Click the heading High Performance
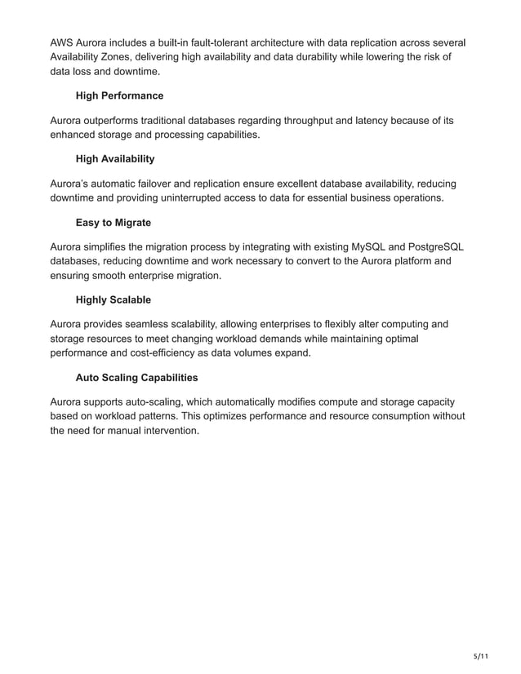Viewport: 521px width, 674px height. pos(119,96)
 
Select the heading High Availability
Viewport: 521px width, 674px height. pos(115,159)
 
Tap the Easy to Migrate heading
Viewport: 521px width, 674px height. pos(113,222)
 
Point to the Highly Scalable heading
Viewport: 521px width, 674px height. pos(113,300)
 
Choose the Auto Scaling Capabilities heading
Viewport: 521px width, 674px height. pos(136,378)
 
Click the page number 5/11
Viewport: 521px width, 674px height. pos(482,655)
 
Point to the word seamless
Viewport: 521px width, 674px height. pos(157,324)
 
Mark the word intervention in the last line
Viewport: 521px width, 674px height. pos(167,431)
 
